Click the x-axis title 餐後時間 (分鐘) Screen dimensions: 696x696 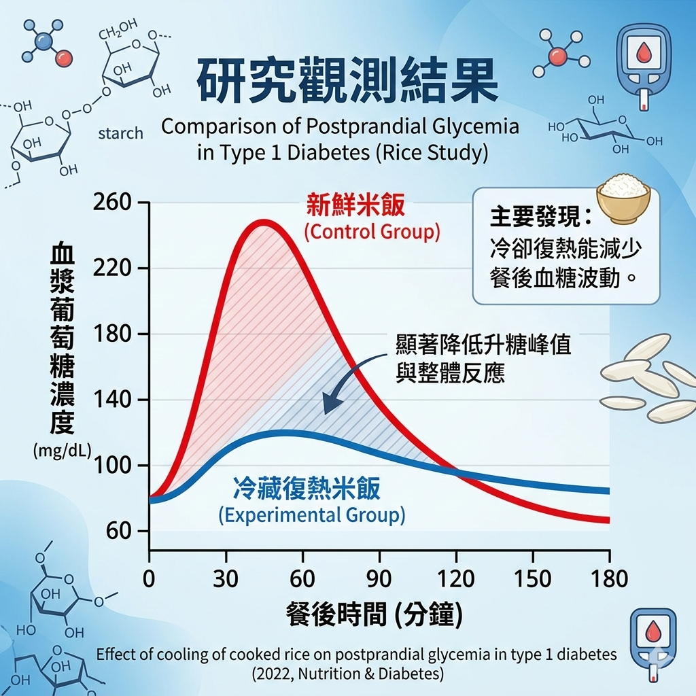point(375,614)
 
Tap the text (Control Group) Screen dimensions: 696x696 point(372,232)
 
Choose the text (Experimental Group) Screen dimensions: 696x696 point(312,515)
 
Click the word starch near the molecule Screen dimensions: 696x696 point(120,133)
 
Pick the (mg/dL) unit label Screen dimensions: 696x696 point(62,449)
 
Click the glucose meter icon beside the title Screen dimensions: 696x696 point(642,67)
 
